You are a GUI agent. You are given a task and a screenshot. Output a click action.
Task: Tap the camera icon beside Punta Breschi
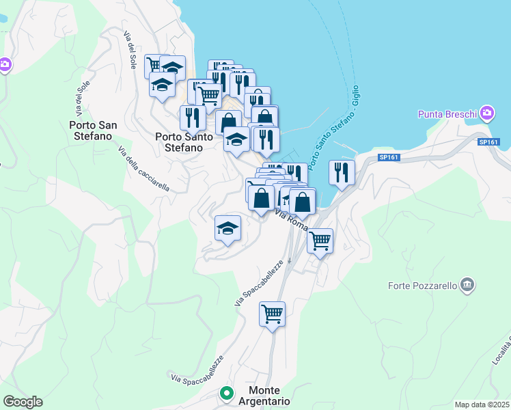point(486,112)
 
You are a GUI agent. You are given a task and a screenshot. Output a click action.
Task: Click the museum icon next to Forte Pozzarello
point(467,284)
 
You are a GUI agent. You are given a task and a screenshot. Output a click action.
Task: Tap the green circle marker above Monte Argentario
point(226,394)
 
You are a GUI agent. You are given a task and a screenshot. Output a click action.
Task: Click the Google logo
point(23,402)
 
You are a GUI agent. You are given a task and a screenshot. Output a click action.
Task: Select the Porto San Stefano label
point(90,130)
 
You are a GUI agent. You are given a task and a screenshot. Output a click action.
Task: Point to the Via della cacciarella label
point(143,169)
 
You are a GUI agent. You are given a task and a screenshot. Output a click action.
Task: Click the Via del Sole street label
point(128,49)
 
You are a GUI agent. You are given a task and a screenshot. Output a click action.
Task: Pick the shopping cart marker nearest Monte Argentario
point(272,314)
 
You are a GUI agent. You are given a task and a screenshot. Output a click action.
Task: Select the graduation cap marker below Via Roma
point(227,228)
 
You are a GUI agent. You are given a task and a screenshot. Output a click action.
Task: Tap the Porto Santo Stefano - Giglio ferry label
point(334,130)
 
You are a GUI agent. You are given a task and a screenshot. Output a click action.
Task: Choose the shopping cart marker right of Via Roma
point(320,241)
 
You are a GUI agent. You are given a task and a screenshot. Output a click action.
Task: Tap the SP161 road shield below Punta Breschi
point(488,142)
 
